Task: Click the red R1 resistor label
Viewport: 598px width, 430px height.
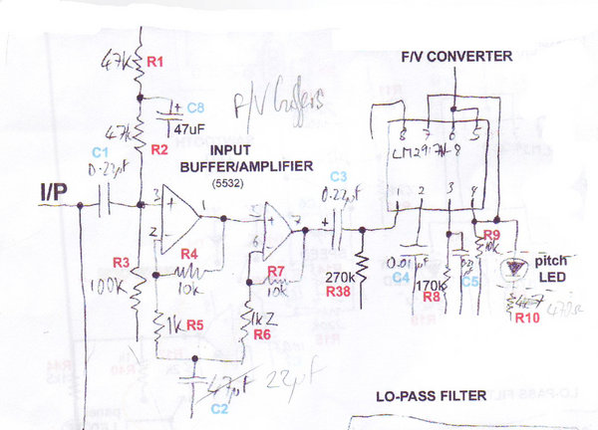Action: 154,62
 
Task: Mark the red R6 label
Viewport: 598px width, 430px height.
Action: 262,335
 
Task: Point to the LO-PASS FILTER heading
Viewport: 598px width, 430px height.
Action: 432,395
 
